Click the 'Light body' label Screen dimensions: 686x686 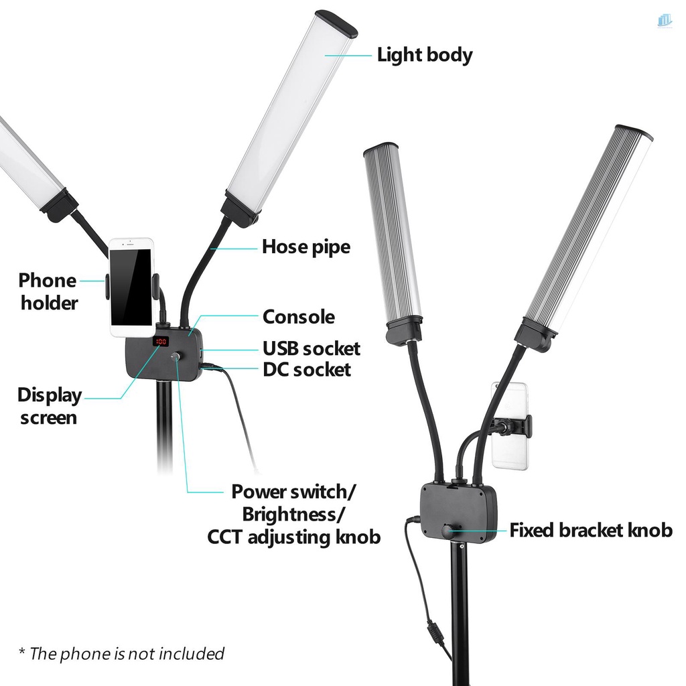tap(425, 55)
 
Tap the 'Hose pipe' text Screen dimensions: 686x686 tap(306, 247)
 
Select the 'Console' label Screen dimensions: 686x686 tap(298, 317)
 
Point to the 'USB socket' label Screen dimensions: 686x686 tap(311, 349)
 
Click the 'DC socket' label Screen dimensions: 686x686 tap(306, 369)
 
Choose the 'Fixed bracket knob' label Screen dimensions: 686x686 tap(591, 531)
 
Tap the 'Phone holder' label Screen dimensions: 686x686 tap(48, 291)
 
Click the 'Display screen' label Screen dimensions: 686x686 tap(50, 406)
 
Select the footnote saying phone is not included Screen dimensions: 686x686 tap(121, 653)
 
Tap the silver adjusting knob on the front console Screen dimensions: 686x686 tap(176, 358)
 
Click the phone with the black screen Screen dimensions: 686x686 tap(131, 288)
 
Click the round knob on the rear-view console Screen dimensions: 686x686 tap(447, 531)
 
